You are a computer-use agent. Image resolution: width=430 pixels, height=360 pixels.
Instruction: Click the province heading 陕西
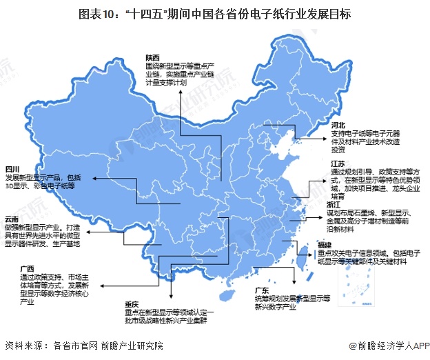coord(152,57)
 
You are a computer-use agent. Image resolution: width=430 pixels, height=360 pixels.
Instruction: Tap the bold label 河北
coord(337,125)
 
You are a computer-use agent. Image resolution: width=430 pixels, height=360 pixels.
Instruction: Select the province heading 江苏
coord(337,163)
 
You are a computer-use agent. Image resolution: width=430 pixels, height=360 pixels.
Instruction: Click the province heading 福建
coord(325,245)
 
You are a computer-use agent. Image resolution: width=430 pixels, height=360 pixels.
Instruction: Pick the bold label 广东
coord(263,290)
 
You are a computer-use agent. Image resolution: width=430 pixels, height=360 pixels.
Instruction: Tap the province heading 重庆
coord(132,303)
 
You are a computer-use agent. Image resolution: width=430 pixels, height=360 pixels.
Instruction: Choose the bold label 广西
coord(27,268)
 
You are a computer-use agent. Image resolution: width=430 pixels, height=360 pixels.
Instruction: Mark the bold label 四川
coord(13,169)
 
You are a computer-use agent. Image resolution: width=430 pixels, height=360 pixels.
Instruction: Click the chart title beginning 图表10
coord(215,14)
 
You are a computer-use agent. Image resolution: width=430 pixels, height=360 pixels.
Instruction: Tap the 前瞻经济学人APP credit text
coord(389,346)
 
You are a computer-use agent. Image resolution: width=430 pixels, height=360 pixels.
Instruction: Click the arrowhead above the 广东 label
coord(295,283)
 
